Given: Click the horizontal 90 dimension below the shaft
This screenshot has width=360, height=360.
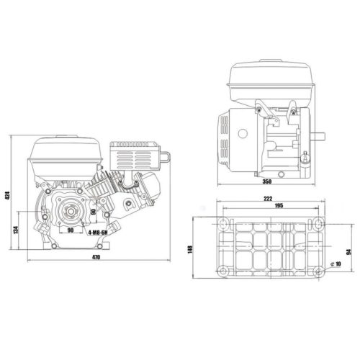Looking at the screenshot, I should click(x=71, y=231).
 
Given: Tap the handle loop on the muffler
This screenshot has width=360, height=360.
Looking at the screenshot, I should click(x=165, y=155).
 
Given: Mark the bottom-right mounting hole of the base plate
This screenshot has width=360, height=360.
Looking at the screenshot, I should click(x=317, y=271).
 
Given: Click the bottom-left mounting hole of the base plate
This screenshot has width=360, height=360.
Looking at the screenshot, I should click(x=225, y=271).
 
